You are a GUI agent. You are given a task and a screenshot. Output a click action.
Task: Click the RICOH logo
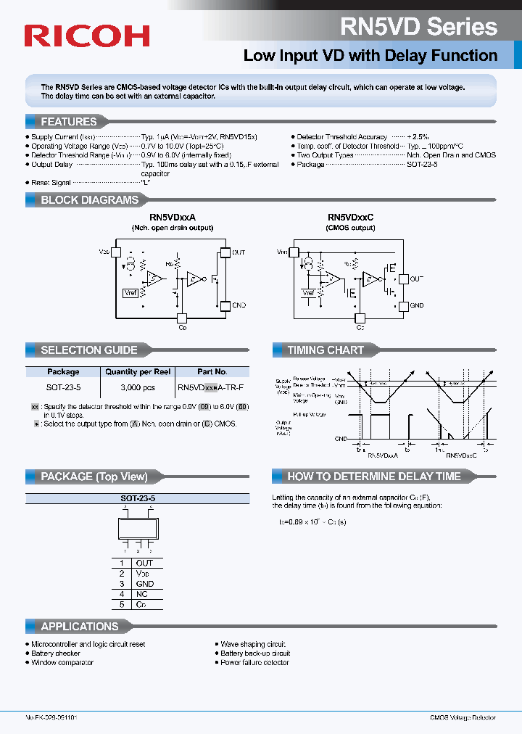pyautogui.click(x=87, y=36)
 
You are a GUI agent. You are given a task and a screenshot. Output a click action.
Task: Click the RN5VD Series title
pyautogui.click(x=419, y=27)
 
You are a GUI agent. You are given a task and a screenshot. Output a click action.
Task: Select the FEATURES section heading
pyautogui.click(x=68, y=122)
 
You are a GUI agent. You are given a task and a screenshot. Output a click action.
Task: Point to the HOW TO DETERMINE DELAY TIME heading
pyautogui.click(x=373, y=477)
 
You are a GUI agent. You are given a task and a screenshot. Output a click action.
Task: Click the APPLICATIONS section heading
pyautogui.click(x=79, y=626)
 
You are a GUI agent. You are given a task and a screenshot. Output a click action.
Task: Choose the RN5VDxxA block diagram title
pyautogui.click(x=173, y=218)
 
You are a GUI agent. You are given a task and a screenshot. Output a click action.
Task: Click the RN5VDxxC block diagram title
pyautogui.click(x=350, y=218)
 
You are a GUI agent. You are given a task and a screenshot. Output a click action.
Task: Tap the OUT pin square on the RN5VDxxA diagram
pyautogui.click(x=224, y=252)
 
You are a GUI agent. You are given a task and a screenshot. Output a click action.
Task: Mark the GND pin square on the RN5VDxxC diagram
pyautogui.click(x=403, y=306)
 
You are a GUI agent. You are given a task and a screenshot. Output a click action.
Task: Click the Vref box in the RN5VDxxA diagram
pyautogui.click(x=130, y=292)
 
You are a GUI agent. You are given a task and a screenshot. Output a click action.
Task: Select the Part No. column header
pyautogui.click(x=212, y=371)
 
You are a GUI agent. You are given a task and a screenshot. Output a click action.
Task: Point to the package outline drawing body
pyautogui.click(x=137, y=528)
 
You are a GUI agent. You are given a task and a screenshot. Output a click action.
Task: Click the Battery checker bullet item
pyautogui.click(x=56, y=653)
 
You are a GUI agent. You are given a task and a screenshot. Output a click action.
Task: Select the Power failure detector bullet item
pyautogui.click(x=255, y=663)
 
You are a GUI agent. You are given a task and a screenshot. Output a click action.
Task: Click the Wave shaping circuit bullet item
pyautogui.click(x=253, y=644)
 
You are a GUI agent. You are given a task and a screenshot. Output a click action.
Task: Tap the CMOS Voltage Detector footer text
pyautogui.click(x=462, y=717)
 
